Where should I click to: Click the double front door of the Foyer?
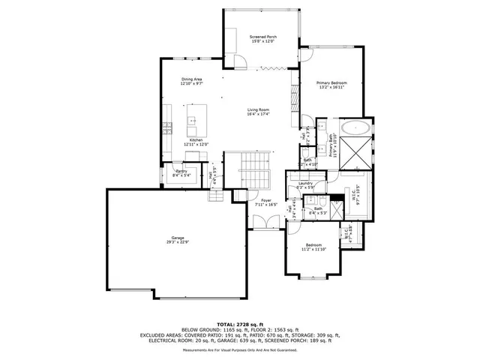pos(262,222)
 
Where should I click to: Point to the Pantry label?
pos(181,172)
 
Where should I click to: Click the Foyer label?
pos(265,200)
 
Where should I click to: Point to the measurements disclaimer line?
pos(240,349)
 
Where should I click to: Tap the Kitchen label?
pos(196,140)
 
